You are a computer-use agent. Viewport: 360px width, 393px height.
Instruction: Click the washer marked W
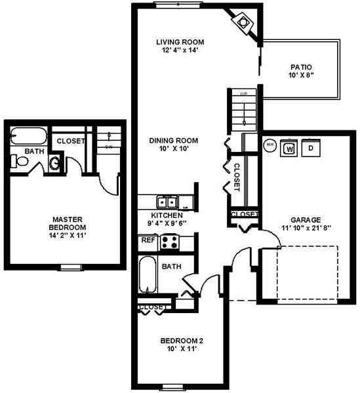tap(289, 148)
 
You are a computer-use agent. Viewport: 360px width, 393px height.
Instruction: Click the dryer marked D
tap(311, 148)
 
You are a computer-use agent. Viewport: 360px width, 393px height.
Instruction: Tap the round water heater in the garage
tap(269, 145)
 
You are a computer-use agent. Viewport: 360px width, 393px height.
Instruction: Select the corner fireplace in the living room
tap(244, 22)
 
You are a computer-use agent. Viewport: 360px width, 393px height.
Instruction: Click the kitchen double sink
tap(167, 202)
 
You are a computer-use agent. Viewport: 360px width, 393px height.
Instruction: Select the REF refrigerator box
tap(148, 240)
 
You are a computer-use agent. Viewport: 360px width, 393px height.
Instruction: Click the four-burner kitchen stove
tap(170, 242)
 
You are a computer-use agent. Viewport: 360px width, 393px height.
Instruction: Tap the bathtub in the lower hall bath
tap(148, 275)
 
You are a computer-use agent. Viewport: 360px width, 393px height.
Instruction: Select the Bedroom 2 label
tap(183, 341)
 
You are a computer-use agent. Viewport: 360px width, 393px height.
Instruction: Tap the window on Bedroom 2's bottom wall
tap(172, 385)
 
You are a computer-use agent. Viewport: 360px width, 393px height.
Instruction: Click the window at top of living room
tap(177, 4)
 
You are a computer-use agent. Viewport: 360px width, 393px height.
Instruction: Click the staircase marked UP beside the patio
tap(243, 108)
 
